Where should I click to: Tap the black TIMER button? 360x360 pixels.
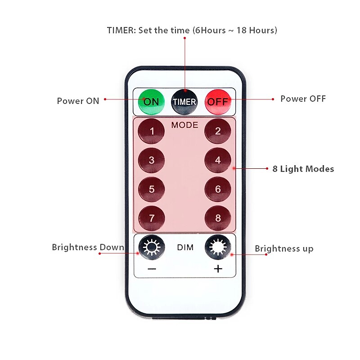[184, 101]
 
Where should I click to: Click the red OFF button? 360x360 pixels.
[218, 101]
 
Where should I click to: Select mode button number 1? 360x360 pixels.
[152, 131]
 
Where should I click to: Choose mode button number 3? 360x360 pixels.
[152, 160]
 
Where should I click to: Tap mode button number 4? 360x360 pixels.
[218, 160]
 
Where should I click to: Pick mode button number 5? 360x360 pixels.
[152, 189]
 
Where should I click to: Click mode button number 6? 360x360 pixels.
[218, 189]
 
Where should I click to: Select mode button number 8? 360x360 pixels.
[218, 218]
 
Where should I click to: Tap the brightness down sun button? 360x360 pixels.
[152, 247]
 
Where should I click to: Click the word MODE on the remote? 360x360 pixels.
[184, 125]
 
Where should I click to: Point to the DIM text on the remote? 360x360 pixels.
[185, 247]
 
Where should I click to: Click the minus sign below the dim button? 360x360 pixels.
[152, 269]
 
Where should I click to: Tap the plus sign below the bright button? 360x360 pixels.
[218, 269]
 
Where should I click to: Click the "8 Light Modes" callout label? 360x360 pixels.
[303, 169]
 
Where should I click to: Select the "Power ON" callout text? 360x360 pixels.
[78, 101]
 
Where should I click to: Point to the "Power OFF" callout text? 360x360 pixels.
[303, 99]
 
